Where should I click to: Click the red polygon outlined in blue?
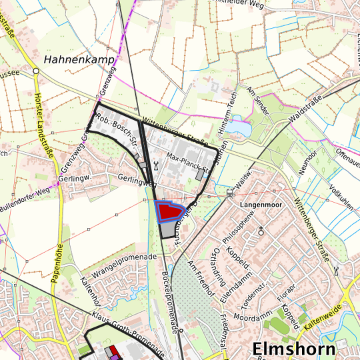pyautogui.click(x=169, y=211)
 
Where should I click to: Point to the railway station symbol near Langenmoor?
pyautogui.click(x=230, y=193)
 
